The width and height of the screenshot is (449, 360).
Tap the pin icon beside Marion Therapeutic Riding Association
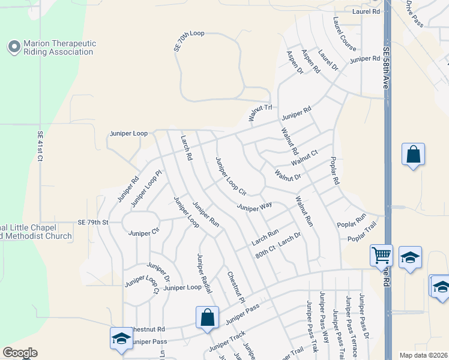pyautogui.click(x=14, y=46)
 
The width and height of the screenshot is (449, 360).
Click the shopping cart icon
pyautogui.click(x=381, y=256)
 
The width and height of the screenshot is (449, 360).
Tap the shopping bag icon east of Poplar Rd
pyautogui.click(x=414, y=155)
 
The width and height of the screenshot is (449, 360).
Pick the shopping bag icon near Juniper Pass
pyautogui.click(x=207, y=317)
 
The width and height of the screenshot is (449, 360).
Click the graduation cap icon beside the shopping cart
pyautogui.click(x=410, y=257)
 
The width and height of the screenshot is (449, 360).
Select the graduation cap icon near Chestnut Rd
pyautogui.click(x=121, y=338)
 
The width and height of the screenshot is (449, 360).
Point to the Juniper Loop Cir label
pyautogui.click(x=231, y=178)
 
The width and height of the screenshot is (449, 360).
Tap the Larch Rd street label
pyautogui.click(x=186, y=148)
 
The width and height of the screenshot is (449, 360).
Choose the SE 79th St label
pyautogui.click(x=92, y=222)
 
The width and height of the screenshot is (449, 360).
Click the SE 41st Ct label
pyautogui.click(x=41, y=146)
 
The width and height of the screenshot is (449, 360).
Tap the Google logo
pyautogui.click(x=20, y=353)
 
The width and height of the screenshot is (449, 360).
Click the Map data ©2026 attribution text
pyautogui.click(x=423, y=355)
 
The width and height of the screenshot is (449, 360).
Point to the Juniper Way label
pyautogui.click(x=255, y=207)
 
